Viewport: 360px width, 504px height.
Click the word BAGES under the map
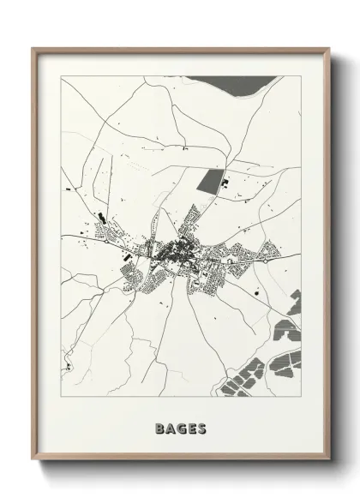click(x=180, y=426)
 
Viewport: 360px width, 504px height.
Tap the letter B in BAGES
click(x=159, y=426)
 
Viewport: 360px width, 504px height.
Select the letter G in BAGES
click(x=180, y=426)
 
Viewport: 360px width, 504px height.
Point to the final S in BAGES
click(x=201, y=426)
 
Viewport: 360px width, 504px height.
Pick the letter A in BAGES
click(x=170, y=426)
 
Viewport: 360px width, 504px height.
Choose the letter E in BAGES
click(x=191, y=426)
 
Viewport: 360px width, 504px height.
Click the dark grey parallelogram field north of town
click(x=209, y=180)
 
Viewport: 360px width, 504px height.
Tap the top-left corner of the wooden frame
click(x=33, y=49)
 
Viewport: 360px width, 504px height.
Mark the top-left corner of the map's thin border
click(x=60, y=76)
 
